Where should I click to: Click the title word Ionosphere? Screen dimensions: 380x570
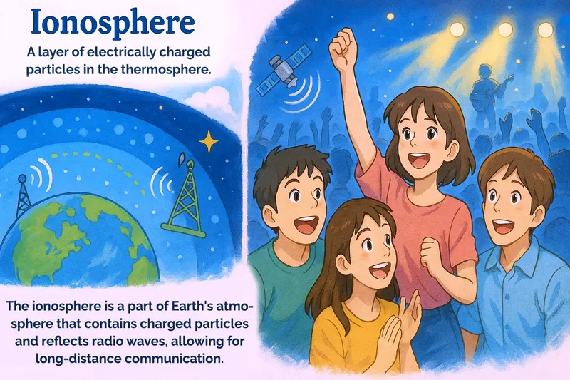113,23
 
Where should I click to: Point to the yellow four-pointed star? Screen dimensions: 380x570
209,143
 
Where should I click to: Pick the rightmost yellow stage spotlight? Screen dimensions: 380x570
546,30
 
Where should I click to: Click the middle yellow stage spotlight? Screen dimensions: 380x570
505,29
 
